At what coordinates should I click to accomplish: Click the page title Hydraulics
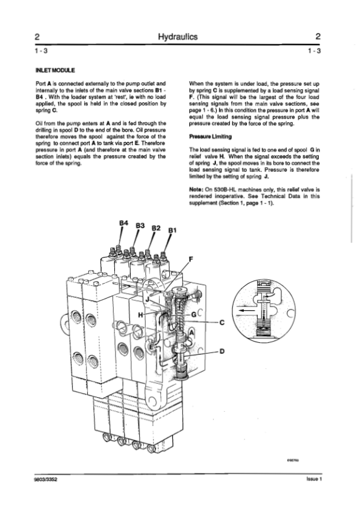pos(178,37)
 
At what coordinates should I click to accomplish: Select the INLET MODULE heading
pos(55,70)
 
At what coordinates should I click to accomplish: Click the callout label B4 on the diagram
pos(124,223)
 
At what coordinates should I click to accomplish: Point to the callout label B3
pos(140,225)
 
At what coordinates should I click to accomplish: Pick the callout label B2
pos(156,228)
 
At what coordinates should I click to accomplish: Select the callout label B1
pos(172,230)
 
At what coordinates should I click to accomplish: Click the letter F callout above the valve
pos(191,259)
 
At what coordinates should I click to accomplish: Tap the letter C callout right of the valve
pos(222,323)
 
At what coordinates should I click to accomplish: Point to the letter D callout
pos(222,351)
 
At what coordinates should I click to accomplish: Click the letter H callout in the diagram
pos(140,314)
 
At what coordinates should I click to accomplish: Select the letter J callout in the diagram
pos(147,299)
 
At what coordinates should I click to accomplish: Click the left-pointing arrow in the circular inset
pos(246,310)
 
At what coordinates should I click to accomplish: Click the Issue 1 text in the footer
pos(314,479)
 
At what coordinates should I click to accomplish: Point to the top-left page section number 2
pos(37,36)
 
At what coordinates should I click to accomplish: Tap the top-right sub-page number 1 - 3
pos(315,51)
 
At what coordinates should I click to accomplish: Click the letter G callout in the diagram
pos(194,314)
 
